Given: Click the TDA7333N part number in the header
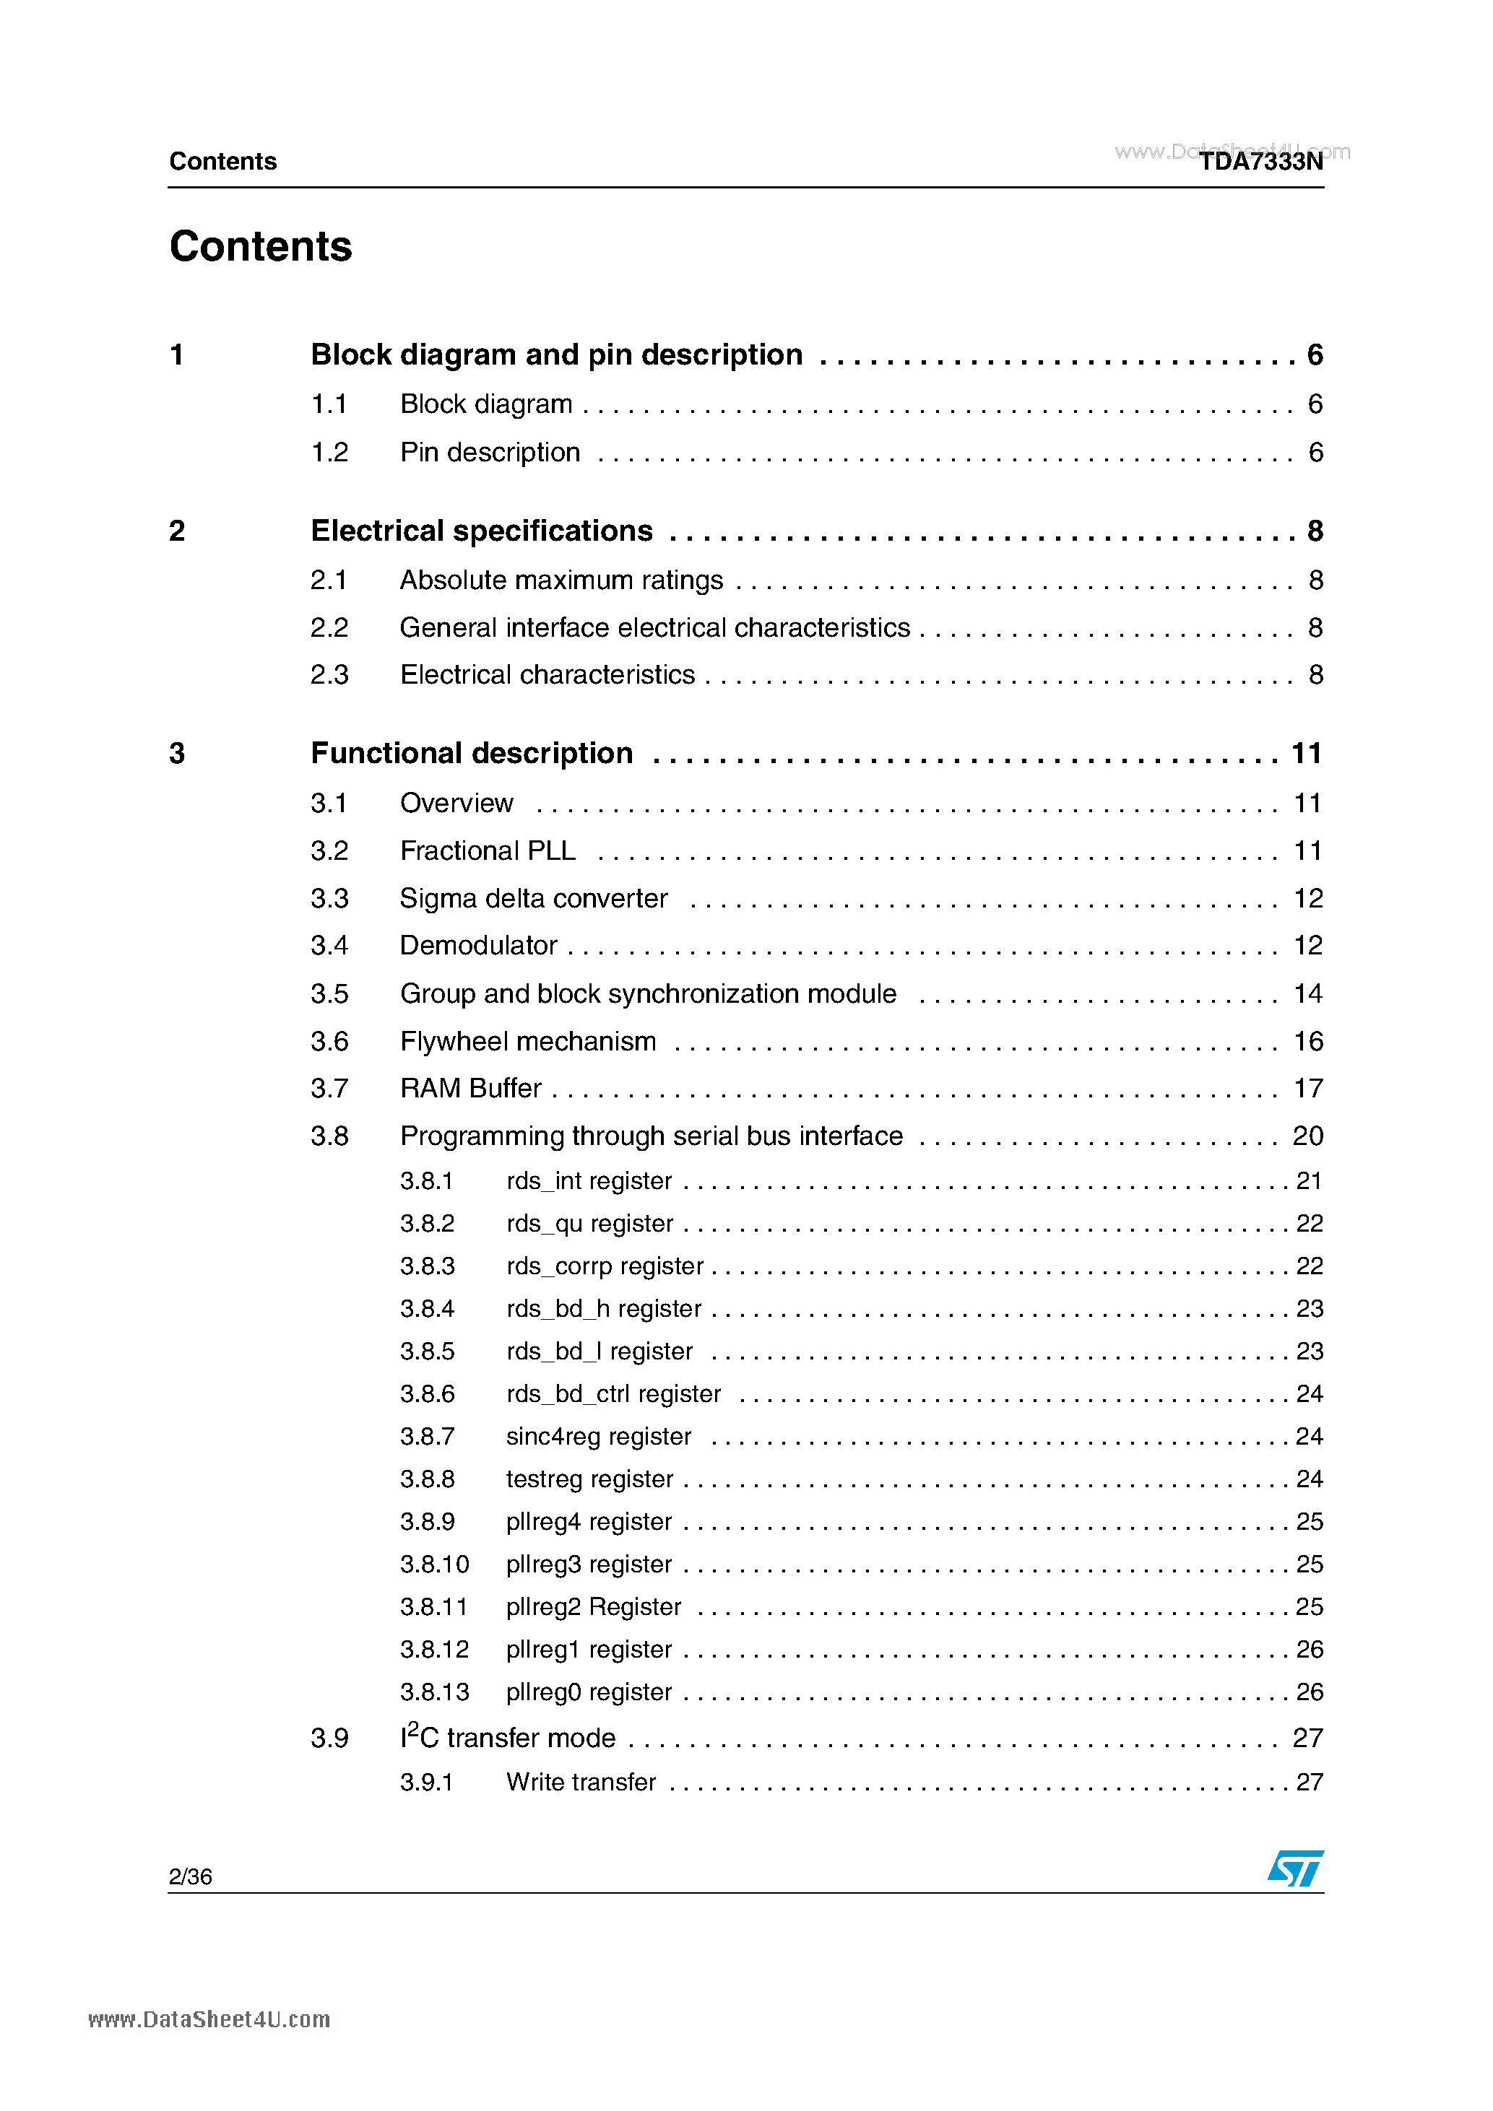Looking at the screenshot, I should pos(1260,162).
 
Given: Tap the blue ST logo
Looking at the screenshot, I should pos(1295,1868).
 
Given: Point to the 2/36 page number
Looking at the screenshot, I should pos(191,1876).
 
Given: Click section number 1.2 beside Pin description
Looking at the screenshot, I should pos(329,453).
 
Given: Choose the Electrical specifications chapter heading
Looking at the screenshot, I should pos(481,531).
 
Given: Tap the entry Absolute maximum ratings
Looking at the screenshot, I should pos(561,580).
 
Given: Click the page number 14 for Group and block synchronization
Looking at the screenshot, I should pos(1307,994).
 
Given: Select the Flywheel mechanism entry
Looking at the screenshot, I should pos(528,1042).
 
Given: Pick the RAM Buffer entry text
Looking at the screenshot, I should pos(470,1089).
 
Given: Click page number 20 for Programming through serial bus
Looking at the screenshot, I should pos(1307,1136).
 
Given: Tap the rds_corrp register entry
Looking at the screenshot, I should pos(605,1266).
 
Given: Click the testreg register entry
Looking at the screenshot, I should pos(589,1479).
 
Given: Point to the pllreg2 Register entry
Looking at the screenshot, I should pos(593,1607).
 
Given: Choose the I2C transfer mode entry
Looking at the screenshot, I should pos(508,1738).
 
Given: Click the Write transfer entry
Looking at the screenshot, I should pos(581,1782).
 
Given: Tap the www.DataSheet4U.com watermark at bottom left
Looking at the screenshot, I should pos(209,2020).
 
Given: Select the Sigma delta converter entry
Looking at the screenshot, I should pos(534,898).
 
